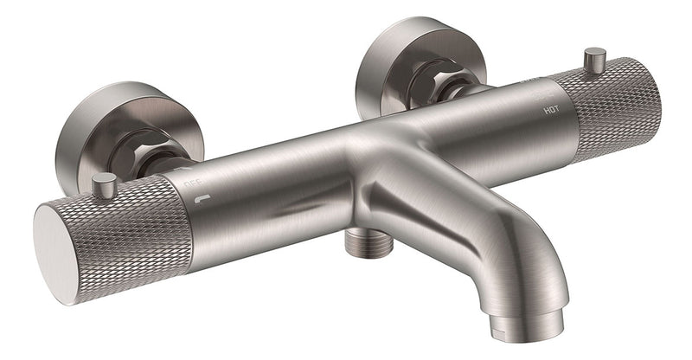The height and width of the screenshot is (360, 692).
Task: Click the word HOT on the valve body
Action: (x=551, y=111)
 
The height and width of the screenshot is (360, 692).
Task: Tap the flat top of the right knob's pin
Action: (x=593, y=52)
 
